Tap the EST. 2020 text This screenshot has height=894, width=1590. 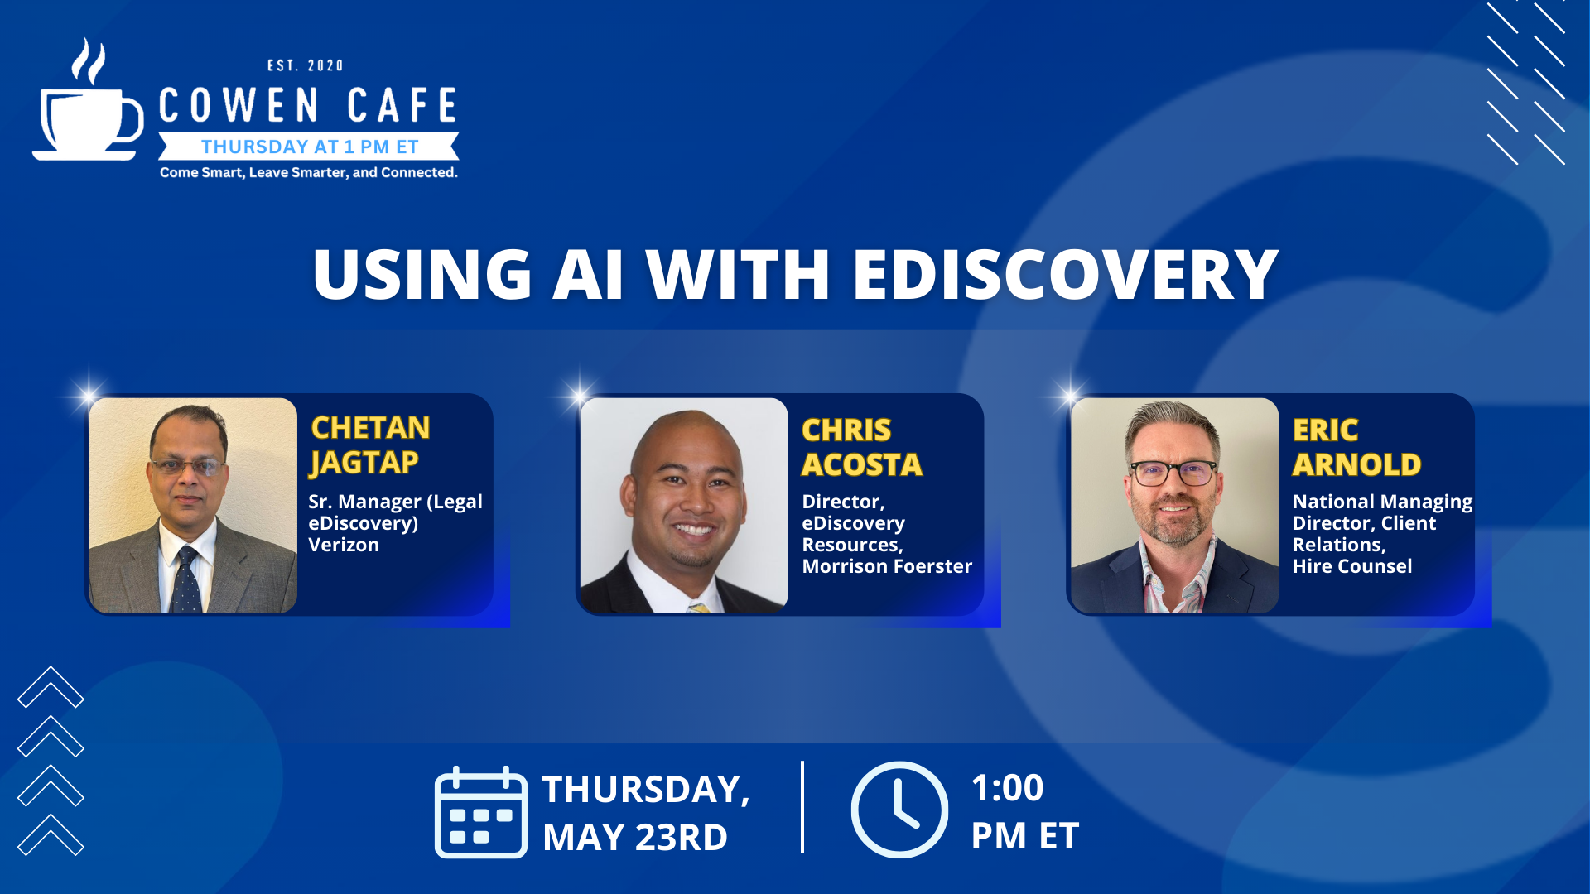coord(305,65)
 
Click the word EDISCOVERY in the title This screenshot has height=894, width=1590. coord(1066,274)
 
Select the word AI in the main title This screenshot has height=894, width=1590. coord(587,274)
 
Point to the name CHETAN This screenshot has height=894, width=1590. coord(370,427)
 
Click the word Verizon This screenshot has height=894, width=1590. coord(344,545)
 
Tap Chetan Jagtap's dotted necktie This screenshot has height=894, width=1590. coord(186,579)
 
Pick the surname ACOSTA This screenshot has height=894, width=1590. coord(861,464)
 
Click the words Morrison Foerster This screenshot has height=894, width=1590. coord(887,566)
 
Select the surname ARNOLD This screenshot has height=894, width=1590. coord(1356,464)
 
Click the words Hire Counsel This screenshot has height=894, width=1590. coord(1352,566)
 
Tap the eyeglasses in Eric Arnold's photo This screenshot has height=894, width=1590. coord(1173,473)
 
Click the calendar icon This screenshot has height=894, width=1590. coord(481,812)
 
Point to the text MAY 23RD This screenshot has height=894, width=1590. coord(635,837)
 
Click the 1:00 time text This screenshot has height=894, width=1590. coord(1007,787)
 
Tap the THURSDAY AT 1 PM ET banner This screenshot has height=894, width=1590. coord(309,147)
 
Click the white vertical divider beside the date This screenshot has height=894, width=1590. coord(802,807)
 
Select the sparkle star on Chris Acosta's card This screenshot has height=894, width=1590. coord(579,393)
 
